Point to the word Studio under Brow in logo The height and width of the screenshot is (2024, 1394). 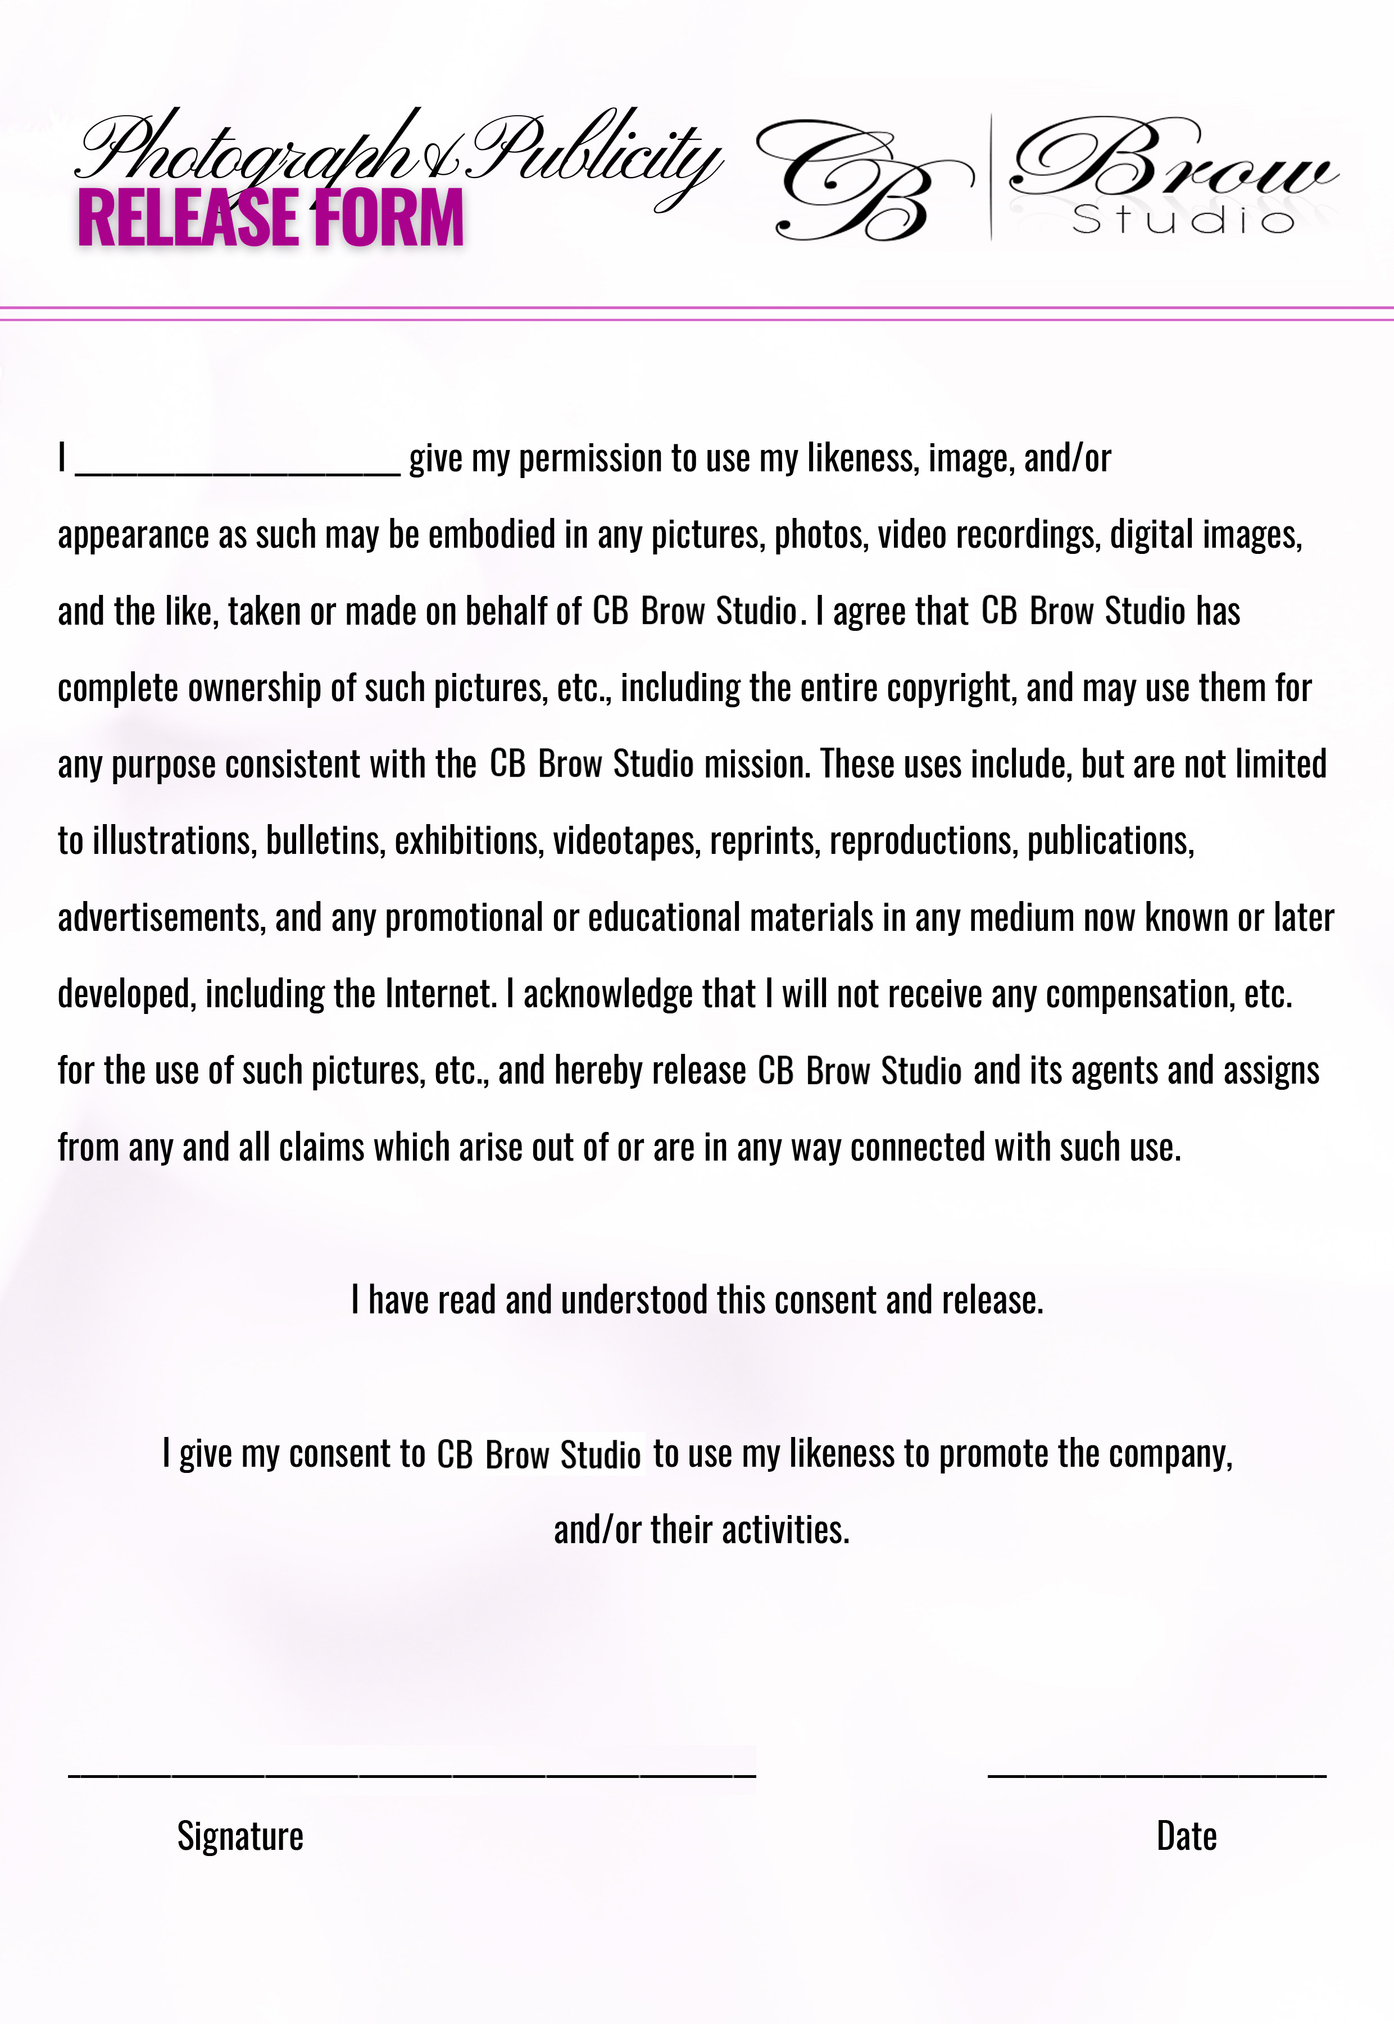click(1183, 220)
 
